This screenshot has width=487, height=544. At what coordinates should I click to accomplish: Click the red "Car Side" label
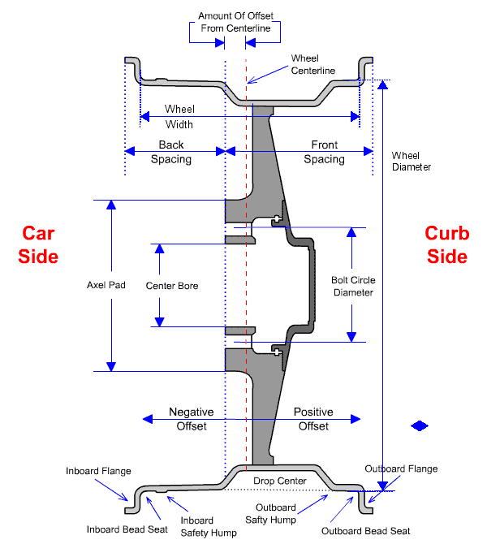click(38, 244)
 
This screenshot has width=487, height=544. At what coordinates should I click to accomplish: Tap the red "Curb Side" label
click(447, 244)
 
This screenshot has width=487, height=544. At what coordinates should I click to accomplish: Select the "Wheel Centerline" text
click(312, 64)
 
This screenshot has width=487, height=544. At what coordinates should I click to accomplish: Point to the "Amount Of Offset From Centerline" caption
click(235, 22)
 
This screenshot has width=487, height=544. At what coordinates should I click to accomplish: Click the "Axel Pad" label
click(106, 285)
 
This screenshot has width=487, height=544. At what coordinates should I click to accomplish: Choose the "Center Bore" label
click(172, 286)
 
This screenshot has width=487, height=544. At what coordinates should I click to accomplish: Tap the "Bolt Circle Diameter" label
click(353, 287)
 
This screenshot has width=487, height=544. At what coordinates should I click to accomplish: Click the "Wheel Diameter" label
click(412, 161)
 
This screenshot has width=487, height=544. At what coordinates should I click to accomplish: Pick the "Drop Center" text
click(280, 481)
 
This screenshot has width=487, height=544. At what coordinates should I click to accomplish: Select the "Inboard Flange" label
click(98, 471)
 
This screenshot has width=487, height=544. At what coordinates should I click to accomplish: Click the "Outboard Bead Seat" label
click(365, 531)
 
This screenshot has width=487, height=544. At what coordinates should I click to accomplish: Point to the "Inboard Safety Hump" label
click(209, 526)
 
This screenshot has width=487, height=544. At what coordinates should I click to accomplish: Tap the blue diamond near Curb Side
click(420, 425)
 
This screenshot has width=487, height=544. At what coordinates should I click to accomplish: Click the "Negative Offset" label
click(191, 419)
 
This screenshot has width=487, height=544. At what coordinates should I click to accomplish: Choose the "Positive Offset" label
click(313, 419)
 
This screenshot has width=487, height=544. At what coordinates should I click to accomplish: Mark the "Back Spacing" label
click(171, 152)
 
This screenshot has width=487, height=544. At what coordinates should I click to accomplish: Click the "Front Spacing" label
click(325, 152)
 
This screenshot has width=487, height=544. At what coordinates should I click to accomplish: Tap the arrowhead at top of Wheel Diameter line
click(382, 84)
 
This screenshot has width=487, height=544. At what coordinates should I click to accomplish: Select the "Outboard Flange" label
click(401, 468)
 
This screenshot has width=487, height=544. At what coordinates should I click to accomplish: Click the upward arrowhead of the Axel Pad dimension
click(111, 205)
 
